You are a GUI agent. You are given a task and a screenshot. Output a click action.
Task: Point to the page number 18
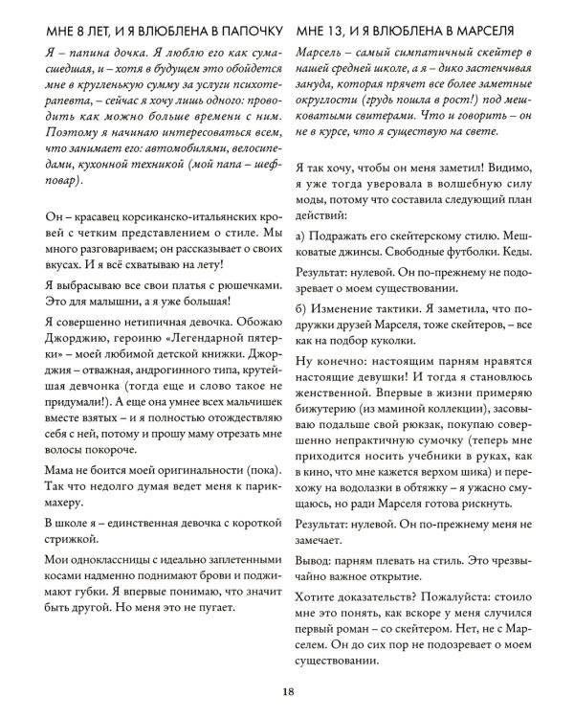tap(287, 693)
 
